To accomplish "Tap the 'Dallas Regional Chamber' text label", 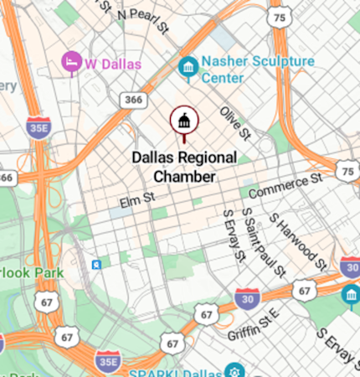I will (184, 167).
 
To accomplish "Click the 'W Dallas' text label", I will (113, 63).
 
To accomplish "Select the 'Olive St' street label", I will (235, 122).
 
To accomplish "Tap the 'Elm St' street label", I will (138, 200).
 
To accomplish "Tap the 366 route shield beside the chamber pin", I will (133, 100).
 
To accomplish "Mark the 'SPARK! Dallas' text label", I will (177, 370).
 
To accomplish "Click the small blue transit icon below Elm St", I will (98, 265).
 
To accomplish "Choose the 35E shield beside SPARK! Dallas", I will (106, 362).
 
